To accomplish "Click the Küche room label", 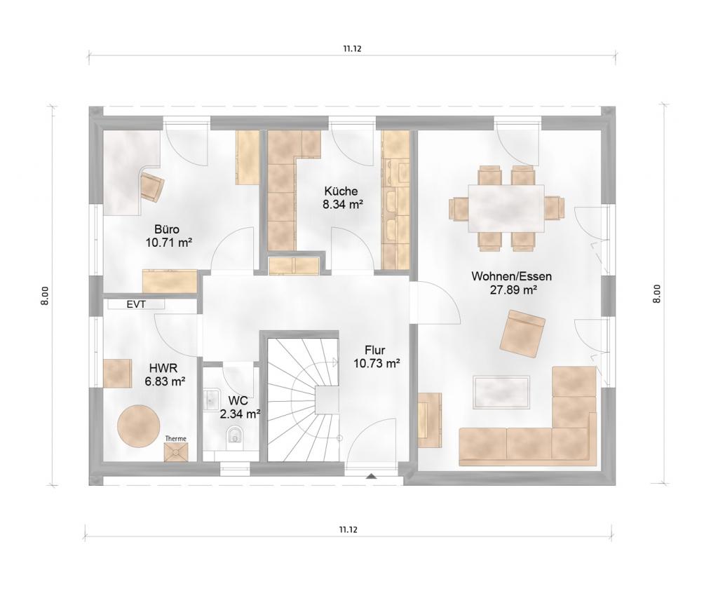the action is pos(341,191).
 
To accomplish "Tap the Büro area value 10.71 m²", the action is pos(168,243).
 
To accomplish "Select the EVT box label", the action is pos(137,304).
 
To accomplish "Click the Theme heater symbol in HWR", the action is pos(175,451).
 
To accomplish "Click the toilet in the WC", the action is pos(236,435).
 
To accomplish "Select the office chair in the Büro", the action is pos(151,186).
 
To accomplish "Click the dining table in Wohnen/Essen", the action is pos(506,209).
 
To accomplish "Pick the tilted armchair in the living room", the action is pos(522,333).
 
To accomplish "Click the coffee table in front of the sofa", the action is pos(502,393).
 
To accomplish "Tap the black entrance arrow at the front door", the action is pos(372,476).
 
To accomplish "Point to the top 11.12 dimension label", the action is pos(352,49).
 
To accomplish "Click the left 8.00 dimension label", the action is pos(45,296).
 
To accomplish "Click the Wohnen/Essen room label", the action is pos(511,276).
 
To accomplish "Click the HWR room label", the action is pos(163,367).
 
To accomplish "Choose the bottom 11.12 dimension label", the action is pos(348,530).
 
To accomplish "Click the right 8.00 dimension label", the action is pos(656,294).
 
